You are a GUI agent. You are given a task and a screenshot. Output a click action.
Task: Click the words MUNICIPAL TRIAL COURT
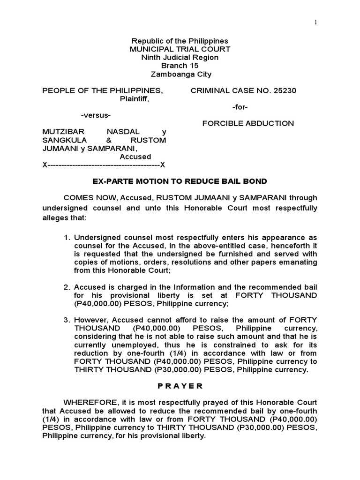[180, 49]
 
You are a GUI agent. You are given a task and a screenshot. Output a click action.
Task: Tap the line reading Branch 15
[180, 66]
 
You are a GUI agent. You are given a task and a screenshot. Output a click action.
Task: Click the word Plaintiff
[135, 99]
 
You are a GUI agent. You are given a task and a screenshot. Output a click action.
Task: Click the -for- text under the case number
[240, 107]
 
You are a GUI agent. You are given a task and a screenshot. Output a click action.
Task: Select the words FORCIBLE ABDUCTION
[248, 124]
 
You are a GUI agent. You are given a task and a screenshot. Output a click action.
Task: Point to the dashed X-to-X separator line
[104, 165]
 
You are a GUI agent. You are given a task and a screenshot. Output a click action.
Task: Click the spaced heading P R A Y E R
[180, 386]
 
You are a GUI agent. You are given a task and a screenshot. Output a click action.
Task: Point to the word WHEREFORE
[90, 402]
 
